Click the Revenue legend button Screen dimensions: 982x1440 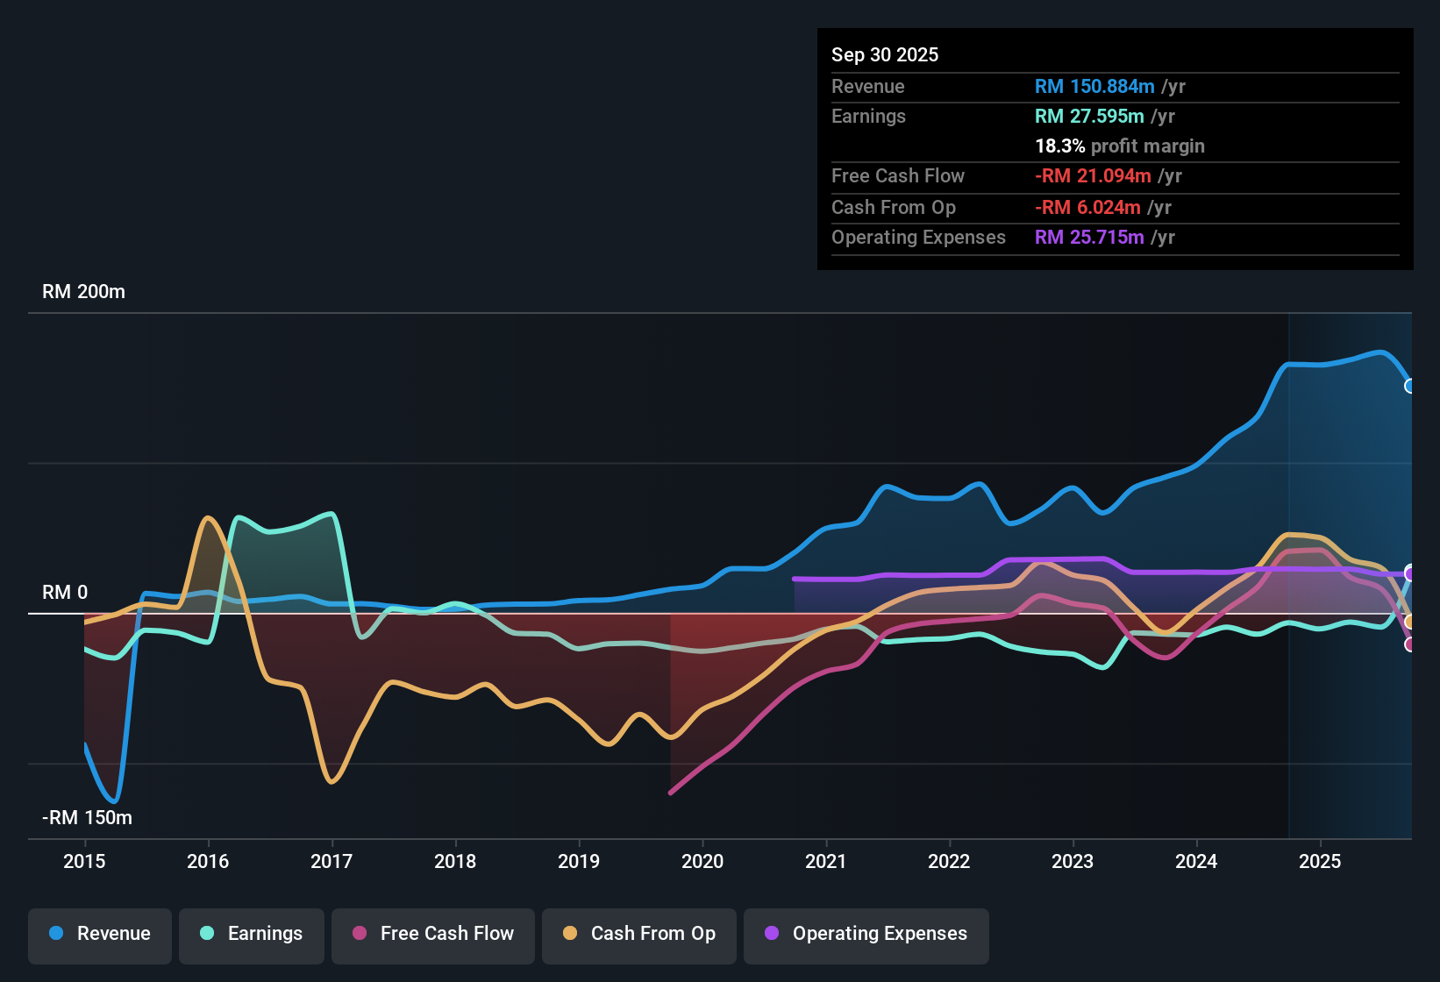(x=100, y=934)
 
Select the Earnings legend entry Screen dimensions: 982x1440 (x=252, y=934)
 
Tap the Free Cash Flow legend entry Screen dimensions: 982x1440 (x=433, y=934)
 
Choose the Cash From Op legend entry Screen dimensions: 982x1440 (x=639, y=934)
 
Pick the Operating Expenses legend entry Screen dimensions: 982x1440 (x=866, y=934)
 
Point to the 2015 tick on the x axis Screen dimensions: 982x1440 (x=84, y=861)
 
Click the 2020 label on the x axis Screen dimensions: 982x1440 (x=702, y=861)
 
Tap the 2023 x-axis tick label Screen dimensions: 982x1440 (x=1073, y=861)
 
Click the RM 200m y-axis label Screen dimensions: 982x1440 (x=83, y=292)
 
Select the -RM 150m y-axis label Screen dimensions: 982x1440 (x=87, y=818)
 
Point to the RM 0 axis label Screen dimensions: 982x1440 (x=65, y=593)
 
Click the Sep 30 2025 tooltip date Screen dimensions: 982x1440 (x=884, y=55)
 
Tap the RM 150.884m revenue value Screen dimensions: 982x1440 (x=1094, y=87)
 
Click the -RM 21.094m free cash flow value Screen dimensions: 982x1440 (x=1093, y=176)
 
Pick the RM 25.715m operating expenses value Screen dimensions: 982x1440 (x=1088, y=238)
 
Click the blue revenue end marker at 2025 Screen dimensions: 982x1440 (x=1409, y=386)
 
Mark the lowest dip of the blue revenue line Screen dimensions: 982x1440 (x=114, y=801)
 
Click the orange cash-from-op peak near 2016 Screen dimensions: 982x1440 (x=208, y=518)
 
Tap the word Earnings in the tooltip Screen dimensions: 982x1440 (x=868, y=117)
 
